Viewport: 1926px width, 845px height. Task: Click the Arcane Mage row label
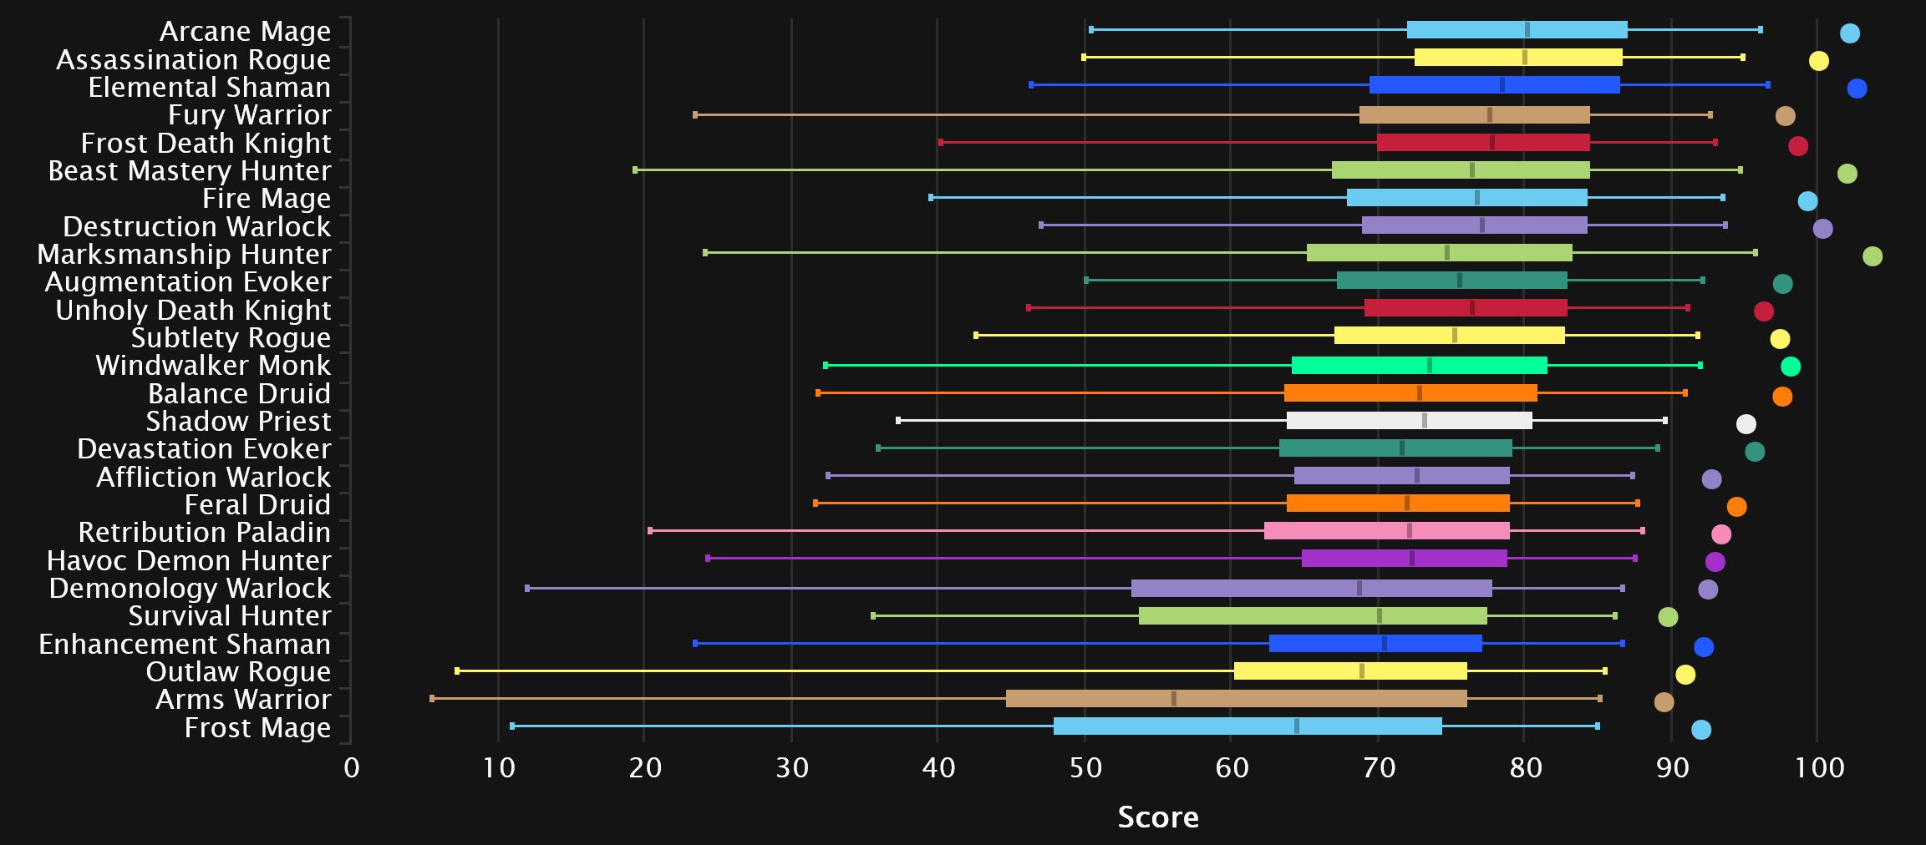(245, 31)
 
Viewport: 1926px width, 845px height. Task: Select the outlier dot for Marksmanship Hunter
(1873, 256)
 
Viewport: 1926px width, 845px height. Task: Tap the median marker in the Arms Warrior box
(1174, 699)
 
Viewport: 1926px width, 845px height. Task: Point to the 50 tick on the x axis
(1085, 767)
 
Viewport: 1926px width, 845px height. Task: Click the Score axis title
(1158, 817)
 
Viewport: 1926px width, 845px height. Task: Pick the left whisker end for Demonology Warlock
(527, 588)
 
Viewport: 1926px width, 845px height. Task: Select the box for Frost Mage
(1248, 726)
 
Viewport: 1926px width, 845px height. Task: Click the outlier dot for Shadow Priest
(1746, 423)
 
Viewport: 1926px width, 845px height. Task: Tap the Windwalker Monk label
(213, 365)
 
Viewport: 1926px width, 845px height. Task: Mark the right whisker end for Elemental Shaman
(1767, 85)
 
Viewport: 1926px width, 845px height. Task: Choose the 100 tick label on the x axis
(1819, 767)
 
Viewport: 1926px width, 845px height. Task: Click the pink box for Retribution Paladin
(1387, 531)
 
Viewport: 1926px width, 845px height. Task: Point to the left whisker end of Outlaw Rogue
(457, 670)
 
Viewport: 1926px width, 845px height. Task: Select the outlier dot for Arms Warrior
(1664, 702)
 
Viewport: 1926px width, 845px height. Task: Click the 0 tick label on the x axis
(352, 767)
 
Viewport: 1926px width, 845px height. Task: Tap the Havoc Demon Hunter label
(189, 560)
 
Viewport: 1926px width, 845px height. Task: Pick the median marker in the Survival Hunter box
(1379, 616)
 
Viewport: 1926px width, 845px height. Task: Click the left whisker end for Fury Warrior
(695, 114)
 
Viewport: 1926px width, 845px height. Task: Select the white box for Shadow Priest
(1410, 420)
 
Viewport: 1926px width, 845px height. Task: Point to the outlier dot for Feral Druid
(1736, 507)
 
